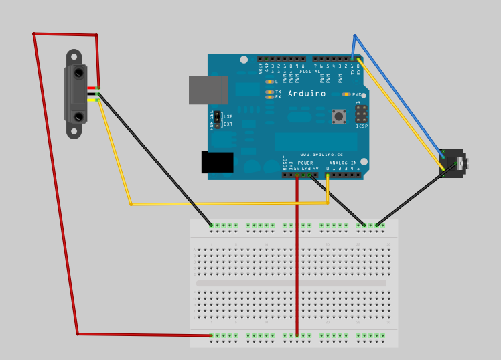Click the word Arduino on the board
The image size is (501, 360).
pyautogui.click(x=307, y=94)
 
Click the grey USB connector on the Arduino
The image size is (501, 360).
pyautogui.click(x=208, y=90)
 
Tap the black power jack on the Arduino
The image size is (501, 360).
pyautogui.click(x=217, y=162)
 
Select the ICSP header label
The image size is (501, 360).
pyautogui.click(x=362, y=126)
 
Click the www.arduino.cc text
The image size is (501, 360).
pyautogui.click(x=321, y=155)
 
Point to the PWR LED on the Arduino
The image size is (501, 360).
pyautogui.click(x=346, y=94)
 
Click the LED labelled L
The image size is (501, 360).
pyautogui.click(x=269, y=82)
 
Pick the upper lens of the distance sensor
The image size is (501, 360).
pyautogui.click(x=78, y=72)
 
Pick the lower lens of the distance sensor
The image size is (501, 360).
pyautogui.click(x=78, y=117)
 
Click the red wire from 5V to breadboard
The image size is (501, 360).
pyautogui.click(x=297, y=254)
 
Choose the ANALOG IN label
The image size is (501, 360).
pyautogui.click(x=342, y=163)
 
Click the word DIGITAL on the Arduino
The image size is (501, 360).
pyautogui.click(x=309, y=71)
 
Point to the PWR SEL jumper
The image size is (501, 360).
pyautogui.click(x=218, y=120)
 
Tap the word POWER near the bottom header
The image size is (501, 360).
pyautogui.click(x=305, y=163)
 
